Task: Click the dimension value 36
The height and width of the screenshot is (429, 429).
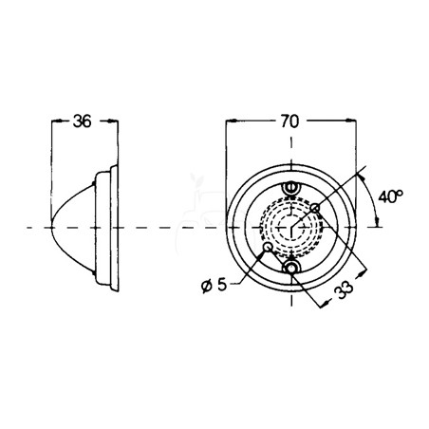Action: (x=82, y=121)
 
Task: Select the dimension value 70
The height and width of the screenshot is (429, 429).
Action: (x=289, y=121)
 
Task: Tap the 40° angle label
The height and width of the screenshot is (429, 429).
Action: (x=390, y=196)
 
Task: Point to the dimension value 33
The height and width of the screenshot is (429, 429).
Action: (x=345, y=289)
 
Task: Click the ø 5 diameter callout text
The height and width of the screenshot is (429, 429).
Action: (x=214, y=286)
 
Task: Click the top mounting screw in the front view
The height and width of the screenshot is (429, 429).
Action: (x=291, y=187)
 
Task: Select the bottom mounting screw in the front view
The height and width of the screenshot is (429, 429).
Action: (x=291, y=268)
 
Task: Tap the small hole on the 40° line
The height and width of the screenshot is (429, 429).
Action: (x=315, y=208)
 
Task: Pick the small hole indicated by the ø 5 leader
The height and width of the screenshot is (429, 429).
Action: (x=268, y=247)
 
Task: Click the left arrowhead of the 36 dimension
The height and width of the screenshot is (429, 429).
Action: (x=56, y=121)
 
